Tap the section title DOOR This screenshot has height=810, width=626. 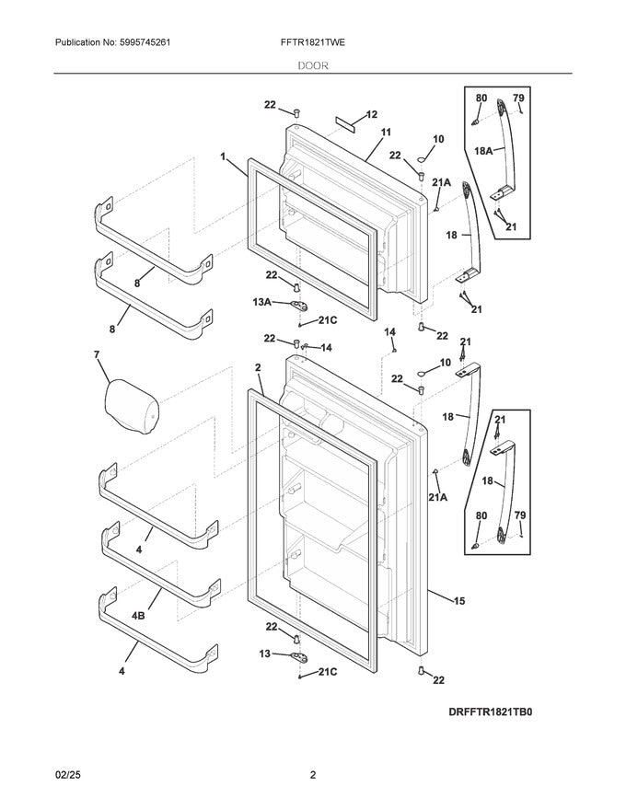point(313,65)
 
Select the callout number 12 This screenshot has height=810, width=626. point(371,115)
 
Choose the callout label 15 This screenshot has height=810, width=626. point(458,601)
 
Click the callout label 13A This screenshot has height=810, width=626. point(261,301)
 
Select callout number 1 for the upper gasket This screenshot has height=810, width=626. point(224,157)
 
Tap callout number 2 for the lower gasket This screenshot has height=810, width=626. point(259,367)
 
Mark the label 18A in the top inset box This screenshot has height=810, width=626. point(482,149)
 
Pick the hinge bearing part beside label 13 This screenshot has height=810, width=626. point(298,655)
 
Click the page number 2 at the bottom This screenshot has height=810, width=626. point(313,774)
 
